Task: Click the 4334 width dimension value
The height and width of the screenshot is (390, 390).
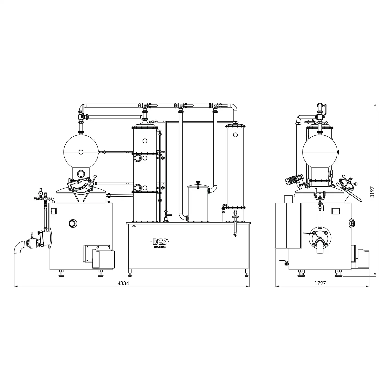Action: tap(123, 283)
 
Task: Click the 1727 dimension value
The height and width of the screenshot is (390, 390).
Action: tap(320, 283)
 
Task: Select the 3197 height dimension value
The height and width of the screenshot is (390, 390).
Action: tap(372, 192)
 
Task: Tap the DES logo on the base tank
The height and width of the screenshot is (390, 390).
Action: tap(160, 242)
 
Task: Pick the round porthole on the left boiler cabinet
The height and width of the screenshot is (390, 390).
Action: tap(73, 223)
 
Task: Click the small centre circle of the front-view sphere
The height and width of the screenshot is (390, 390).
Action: tap(81, 152)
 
